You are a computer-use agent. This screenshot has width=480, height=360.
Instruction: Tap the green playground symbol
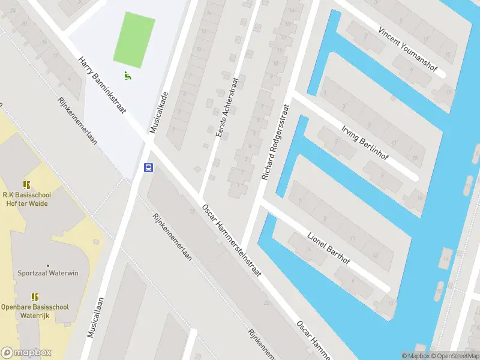click(127, 76)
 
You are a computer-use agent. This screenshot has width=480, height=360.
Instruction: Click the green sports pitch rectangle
click(134, 40)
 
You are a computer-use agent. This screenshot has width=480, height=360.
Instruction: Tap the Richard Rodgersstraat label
click(275, 143)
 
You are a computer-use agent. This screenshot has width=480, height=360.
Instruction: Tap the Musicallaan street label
click(95, 317)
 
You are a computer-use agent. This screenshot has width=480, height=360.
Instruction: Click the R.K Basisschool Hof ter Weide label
click(25, 199)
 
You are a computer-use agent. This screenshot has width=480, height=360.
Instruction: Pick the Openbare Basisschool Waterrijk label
click(34, 311)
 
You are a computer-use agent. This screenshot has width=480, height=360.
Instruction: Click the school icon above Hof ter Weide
click(26, 185)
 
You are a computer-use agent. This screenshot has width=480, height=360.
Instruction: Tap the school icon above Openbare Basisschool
click(35, 296)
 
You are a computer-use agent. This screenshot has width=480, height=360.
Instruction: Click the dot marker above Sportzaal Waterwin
click(48, 265)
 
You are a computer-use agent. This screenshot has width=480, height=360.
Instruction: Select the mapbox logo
click(26, 353)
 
